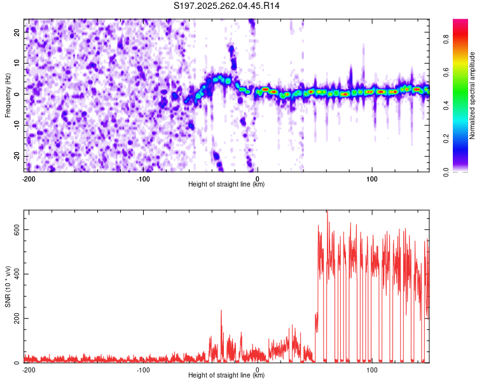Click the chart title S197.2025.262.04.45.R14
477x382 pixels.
click(227, 6)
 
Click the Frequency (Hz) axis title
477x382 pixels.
click(8, 95)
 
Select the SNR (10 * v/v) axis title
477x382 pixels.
click(8, 286)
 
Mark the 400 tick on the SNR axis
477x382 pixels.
click(16, 274)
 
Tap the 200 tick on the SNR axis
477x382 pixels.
click(16, 318)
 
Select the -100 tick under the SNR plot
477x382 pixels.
click(143, 369)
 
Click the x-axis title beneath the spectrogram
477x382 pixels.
click(226, 185)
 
